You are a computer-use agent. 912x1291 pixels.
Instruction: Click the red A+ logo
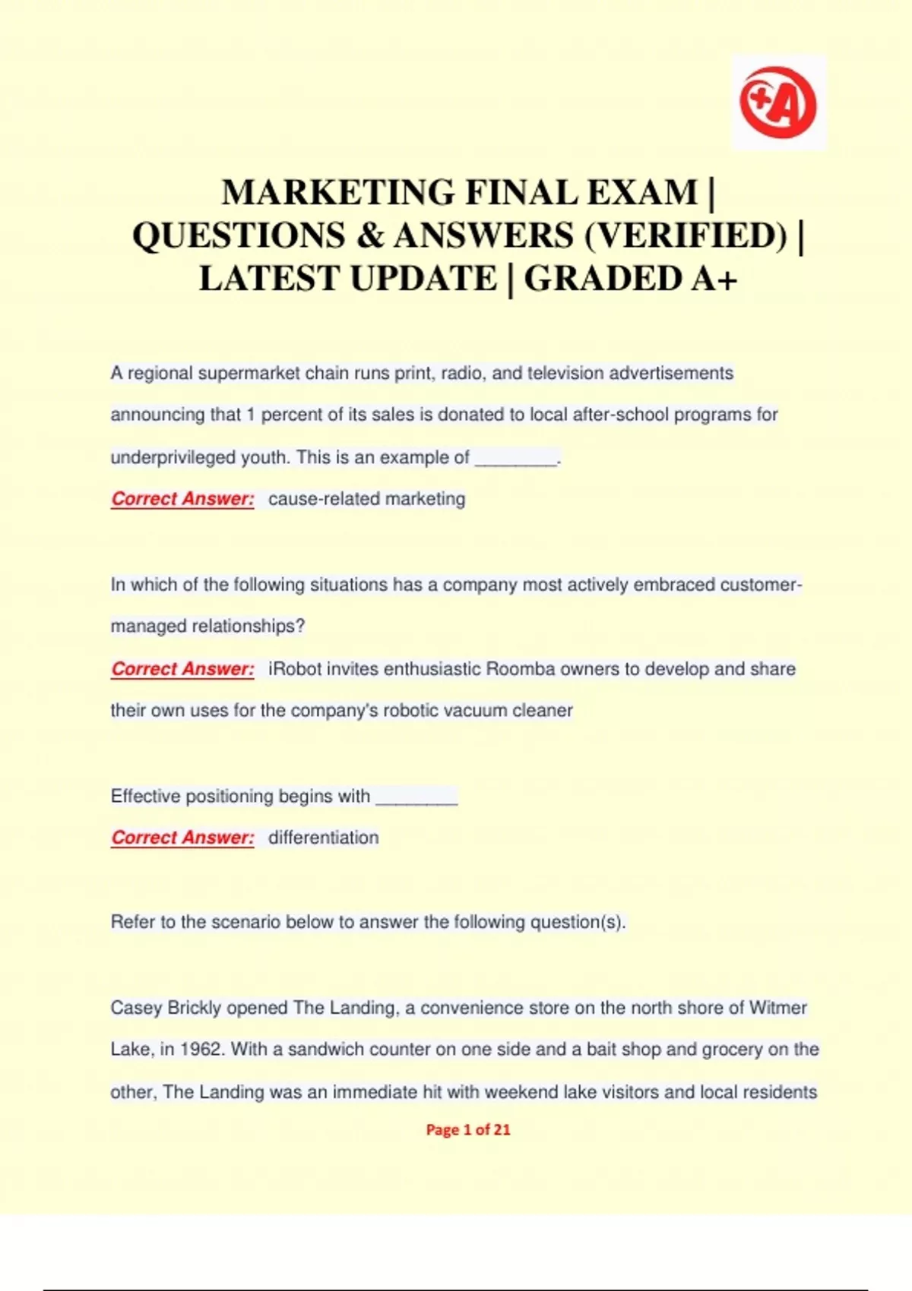[x=778, y=103]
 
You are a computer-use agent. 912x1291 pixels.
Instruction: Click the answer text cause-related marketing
[x=366, y=499]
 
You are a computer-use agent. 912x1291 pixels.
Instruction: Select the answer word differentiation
[x=323, y=838]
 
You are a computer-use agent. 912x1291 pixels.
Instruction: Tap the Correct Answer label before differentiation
[x=182, y=838]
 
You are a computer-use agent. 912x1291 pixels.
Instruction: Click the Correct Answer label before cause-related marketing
[x=182, y=499]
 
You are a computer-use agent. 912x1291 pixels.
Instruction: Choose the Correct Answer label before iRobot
[x=182, y=669]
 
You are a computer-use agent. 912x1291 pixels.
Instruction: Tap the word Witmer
[x=777, y=1008]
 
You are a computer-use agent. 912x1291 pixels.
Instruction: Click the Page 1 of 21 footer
[x=468, y=1130]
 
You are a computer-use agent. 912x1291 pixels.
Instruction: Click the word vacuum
[x=474, y=711]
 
